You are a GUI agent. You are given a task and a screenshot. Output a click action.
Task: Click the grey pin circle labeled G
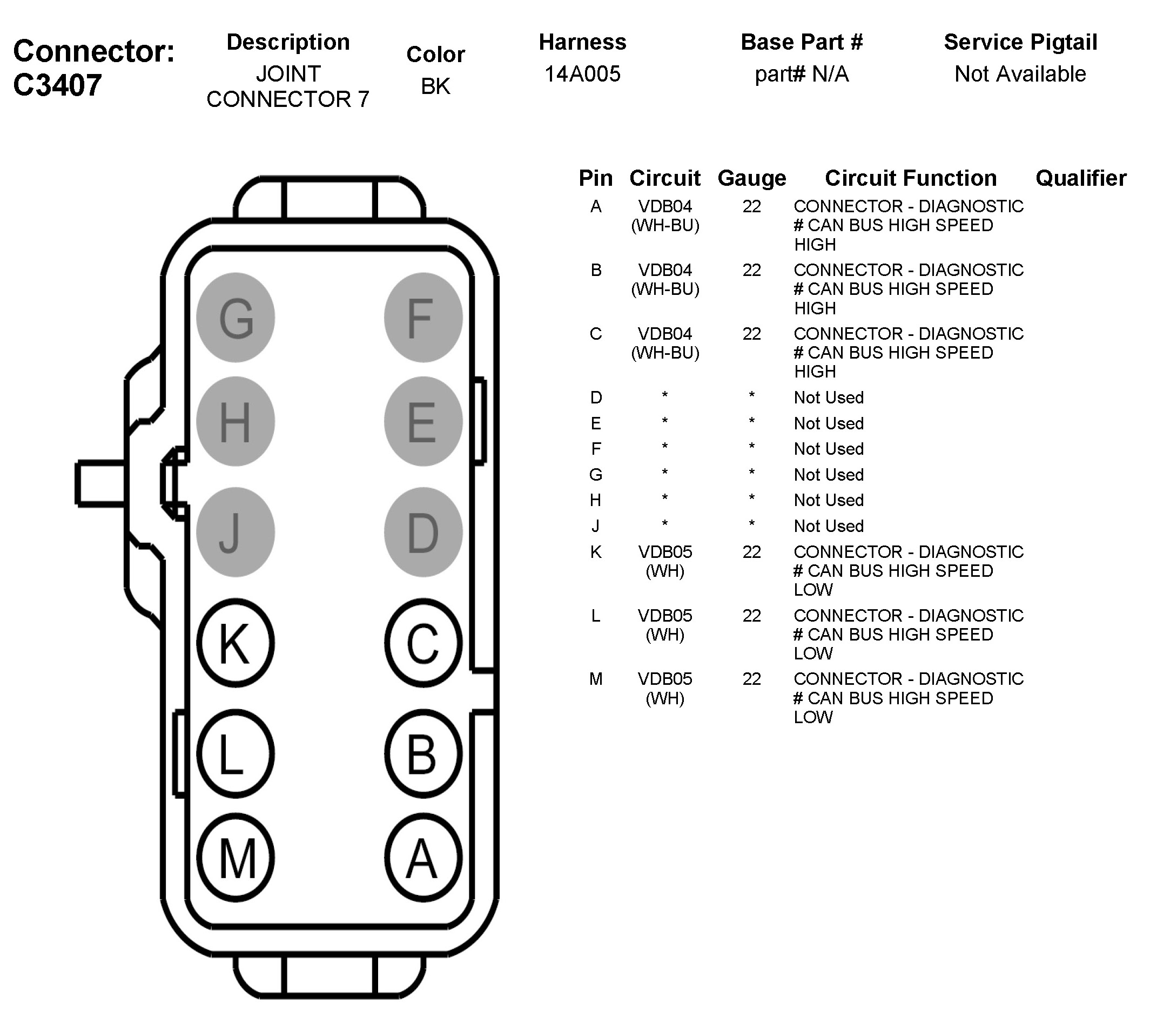[x=235, y=317]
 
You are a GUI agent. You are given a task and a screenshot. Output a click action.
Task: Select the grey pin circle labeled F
[x=423, y=317]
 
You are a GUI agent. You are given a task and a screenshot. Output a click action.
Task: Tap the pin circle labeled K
[x=235, y=643]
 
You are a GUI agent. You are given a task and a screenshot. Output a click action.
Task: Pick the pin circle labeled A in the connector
[x=423, y=858]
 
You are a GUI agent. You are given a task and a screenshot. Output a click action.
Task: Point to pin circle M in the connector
[x=235, y=858]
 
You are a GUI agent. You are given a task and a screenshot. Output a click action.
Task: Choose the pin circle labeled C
[x=423, y=643]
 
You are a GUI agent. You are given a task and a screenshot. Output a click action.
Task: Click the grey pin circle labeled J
[x=235, y=532]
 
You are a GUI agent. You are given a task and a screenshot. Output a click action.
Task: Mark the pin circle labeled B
[x=423, y=754]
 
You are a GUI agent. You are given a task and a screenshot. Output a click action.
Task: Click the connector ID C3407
[x=57, y=85]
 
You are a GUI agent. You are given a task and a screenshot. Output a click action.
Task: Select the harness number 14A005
[x=582, y=73]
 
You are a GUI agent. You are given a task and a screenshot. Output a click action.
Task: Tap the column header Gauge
[x=752, y=178]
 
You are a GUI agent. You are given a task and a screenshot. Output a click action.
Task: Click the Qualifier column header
[x=1081, y=178]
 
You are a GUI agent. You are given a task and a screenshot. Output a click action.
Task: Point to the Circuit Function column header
[x=910, y=178]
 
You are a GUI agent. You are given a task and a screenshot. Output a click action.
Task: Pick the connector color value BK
[x=435, y=86]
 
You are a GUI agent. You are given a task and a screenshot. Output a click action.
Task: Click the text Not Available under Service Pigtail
[x=1020, y=73]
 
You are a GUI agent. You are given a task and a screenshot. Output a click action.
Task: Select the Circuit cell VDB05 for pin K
[x=665, y=552]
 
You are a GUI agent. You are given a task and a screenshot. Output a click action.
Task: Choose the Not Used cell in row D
[x=828, y=397]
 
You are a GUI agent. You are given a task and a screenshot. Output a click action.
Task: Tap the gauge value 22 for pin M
[x=752, y=679]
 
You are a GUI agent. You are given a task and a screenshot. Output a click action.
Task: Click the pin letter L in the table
[x=595, y=615]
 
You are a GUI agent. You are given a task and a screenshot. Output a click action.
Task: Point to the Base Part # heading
[x=802, y=42]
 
